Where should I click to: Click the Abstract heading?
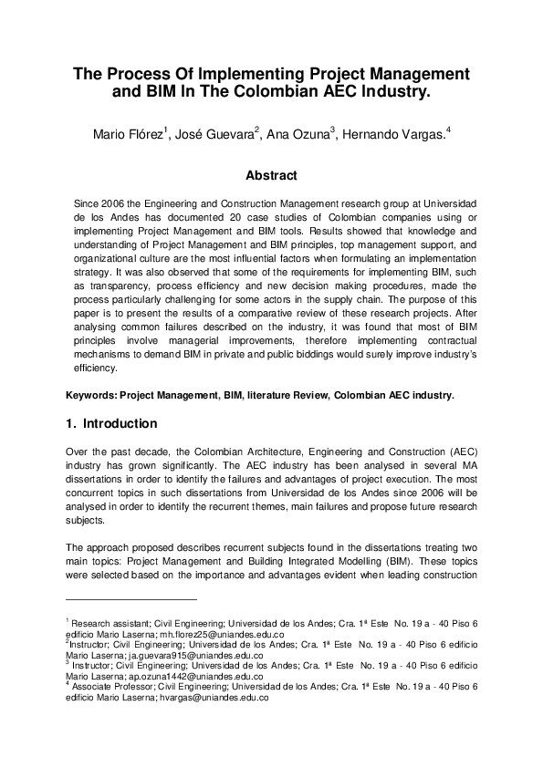point(271,175)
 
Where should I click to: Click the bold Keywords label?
point(95,396)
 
